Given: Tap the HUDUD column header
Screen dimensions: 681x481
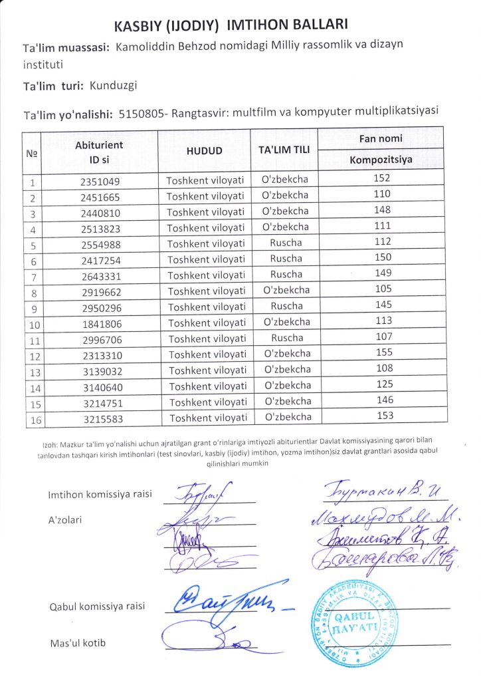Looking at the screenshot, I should tap(204, 150).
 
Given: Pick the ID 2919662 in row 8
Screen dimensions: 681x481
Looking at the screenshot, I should tap(100, 291).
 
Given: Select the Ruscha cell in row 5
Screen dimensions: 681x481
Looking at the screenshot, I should tap(286, 243).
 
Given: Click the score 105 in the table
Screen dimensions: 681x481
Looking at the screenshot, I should tap(383, 289).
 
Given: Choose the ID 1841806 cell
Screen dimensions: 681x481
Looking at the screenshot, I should tap(100, 323).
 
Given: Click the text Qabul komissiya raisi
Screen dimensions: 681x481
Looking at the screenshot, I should tap(97, 607).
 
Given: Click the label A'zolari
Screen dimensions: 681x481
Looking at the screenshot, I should tap(65, 519).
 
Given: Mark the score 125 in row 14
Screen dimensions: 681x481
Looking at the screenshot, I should tap(384, 384).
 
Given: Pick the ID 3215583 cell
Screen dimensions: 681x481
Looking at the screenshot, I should tap(101, 418).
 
